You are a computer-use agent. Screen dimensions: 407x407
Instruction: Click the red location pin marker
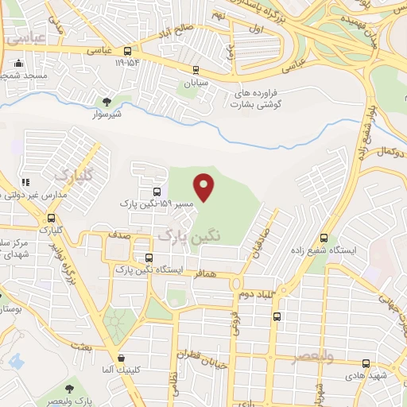(205, 187)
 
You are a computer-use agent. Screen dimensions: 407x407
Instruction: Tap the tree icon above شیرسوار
(107, 101)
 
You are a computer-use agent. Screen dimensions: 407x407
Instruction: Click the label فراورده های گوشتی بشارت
(258, 98)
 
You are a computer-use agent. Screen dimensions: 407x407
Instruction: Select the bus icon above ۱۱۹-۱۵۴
(128, 49)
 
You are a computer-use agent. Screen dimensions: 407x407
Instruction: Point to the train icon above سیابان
(196, 71)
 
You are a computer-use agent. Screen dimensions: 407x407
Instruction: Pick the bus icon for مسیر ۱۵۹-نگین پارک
(156, 192)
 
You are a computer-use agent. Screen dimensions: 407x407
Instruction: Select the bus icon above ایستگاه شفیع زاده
(324, 238)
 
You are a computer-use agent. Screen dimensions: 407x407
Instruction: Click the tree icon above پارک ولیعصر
(69, 389)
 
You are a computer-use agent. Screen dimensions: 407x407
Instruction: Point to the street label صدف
(121, 236)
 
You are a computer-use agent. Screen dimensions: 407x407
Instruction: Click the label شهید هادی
(371, 374)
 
